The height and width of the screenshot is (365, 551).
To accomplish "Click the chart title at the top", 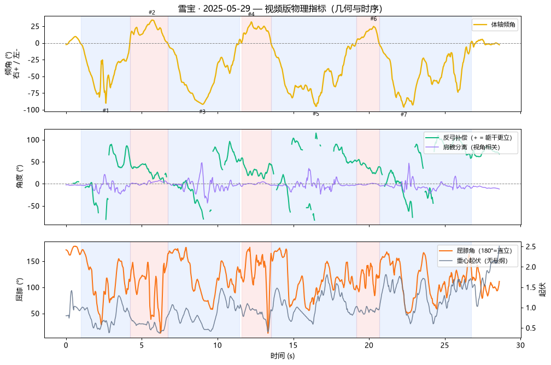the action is [280, 8].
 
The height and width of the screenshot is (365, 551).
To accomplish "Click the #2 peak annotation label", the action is [152, 13].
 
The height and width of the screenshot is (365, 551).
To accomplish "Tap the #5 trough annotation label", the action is [316, 114].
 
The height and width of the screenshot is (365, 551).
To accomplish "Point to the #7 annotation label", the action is [404, 115].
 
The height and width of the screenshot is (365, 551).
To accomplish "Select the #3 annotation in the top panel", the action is [202, 111].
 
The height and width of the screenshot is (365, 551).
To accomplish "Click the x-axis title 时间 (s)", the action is [283, 356].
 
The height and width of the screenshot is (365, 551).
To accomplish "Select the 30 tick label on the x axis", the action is [520, 345].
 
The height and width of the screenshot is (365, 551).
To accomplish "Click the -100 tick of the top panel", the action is [32, 110].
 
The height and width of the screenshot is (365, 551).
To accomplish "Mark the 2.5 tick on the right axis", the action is [531, 246].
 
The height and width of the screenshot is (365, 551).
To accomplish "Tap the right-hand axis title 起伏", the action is [543, 290].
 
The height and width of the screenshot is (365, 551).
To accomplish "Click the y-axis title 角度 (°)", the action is [20, 176].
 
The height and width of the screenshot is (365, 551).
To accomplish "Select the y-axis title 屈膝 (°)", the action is [20, 290].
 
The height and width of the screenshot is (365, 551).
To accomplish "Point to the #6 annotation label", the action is [373, 19].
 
